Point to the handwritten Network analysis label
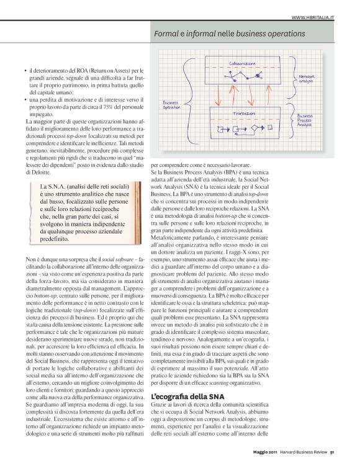pyautogui.click(x=307, y=78)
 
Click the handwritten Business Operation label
pyautogui.click(x=171, y=105)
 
